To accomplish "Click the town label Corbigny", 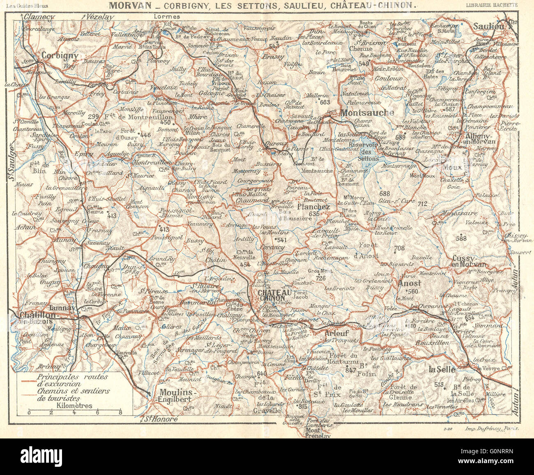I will (x=60, y=56).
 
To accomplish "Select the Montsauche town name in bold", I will (x=367, y=112).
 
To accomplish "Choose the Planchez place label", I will (x=313, y=207).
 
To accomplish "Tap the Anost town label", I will (x=409, y=283).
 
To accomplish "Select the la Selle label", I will (x=442, y=369).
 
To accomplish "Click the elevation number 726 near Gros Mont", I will (x=321, y=278).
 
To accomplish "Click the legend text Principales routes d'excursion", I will (x=72, y=380).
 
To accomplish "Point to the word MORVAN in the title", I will (x=127, y=6).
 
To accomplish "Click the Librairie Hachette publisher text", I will (x=492, y=5).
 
